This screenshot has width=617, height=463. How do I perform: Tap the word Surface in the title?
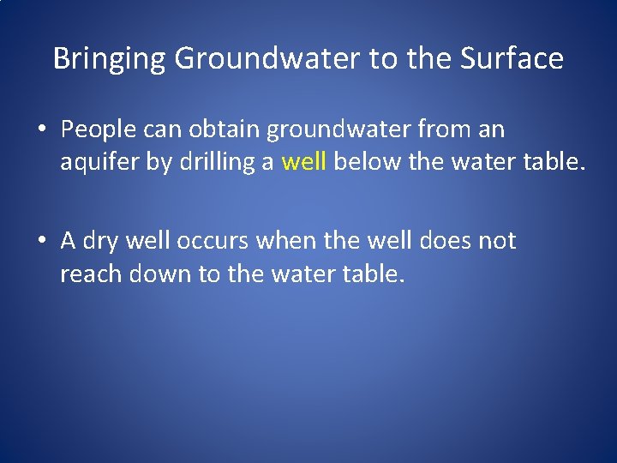[x=512, y=58]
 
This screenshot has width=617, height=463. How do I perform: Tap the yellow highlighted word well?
[x=303, y=163]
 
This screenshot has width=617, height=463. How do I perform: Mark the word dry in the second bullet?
[x=102, y=242]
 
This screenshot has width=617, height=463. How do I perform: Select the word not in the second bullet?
[x=497, y=241]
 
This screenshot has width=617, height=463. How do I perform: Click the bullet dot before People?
[x=42, y=131]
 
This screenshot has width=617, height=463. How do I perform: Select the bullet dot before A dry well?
[x=42, y=242]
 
